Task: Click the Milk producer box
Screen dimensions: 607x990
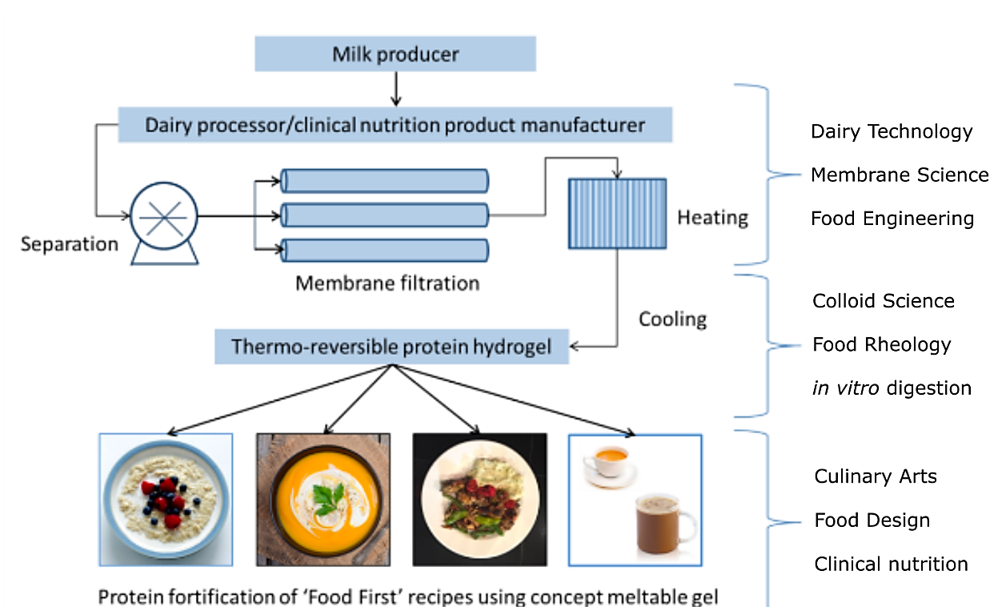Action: click(395, 54)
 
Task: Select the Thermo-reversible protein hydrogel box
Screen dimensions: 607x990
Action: click(391, 348)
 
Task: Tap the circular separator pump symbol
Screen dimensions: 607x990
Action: click(163, 215)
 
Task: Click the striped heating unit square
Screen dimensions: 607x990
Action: click(617, 213)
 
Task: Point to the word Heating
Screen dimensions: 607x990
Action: click(712, 217)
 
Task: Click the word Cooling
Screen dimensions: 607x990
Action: click(672, 319)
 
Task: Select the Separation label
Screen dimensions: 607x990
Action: click(70, 243)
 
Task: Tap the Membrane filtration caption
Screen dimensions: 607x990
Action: click(387, 283)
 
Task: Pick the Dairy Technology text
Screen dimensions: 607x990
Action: click(892, 131)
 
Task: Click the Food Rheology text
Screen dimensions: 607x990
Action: click(881, 344)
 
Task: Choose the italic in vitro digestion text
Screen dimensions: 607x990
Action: click(892, 388)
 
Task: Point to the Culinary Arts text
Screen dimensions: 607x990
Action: click(875, 476)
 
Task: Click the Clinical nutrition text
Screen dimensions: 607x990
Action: click(891, 564)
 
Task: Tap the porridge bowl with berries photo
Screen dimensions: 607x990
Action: click(166, 500)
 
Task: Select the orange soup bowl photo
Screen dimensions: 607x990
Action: click(323, 500)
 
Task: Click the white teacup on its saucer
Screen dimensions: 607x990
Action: click(605, 463)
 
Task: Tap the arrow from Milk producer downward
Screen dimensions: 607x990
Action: click(395, 88)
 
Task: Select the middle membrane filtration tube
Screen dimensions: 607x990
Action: click(384, 215)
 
